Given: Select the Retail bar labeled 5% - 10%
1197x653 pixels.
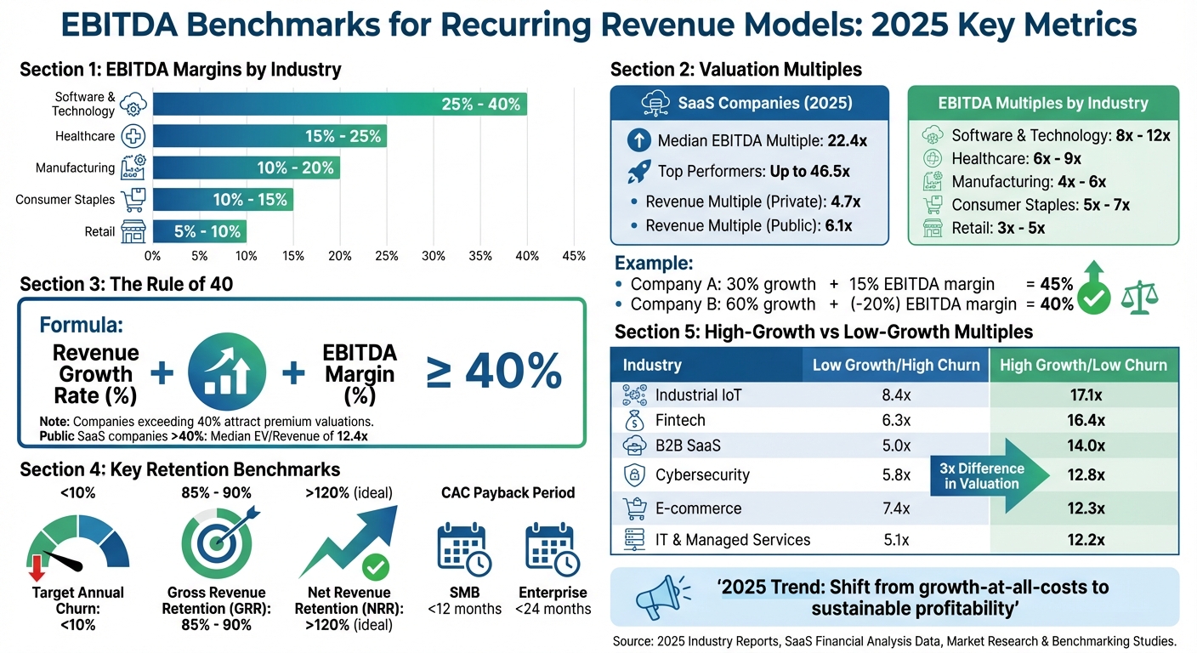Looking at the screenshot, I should pyautogui.click(x=200, y=231).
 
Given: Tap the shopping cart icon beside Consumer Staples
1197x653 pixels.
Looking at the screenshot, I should pyautogui.click(x=133, y=200).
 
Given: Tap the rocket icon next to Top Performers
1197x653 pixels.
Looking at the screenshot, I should pyautogui.click(x=638, y=172).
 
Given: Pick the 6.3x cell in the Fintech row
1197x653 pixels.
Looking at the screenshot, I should pyautogui.click(x=895, y=420).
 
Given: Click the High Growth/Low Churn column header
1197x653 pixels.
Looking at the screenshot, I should pyautogui.click(x=1084, y=365).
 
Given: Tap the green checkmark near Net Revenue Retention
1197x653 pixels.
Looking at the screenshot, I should pyautogui.click(x=375, y=566).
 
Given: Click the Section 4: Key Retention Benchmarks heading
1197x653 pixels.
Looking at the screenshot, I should pyautogui.click(x=179, y=470).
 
